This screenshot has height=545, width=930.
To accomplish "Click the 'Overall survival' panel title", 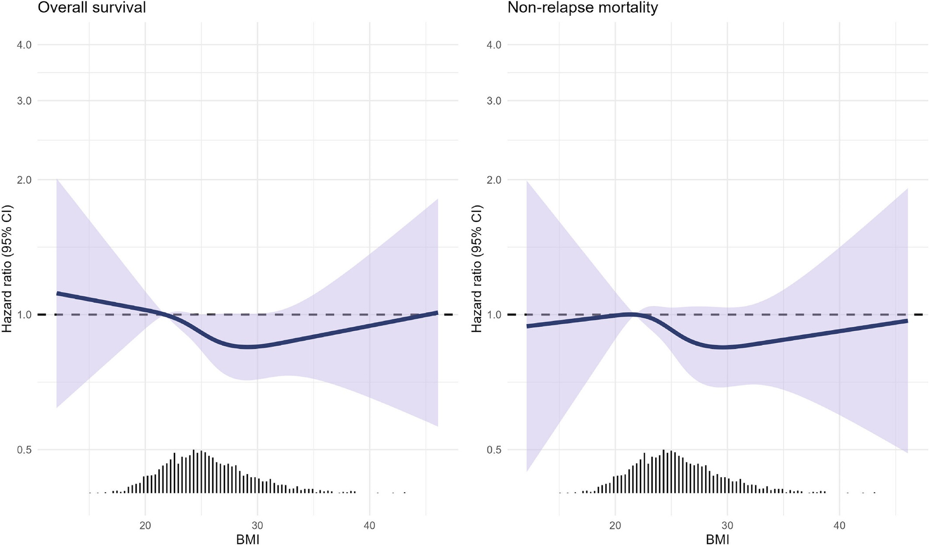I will pyautogui.click(x=92, y=7).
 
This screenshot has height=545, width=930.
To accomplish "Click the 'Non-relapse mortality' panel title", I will pyautogui.click(x=583, y=7).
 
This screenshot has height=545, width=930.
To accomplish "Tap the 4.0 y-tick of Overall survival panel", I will pyautogui.click(x=24, y=45).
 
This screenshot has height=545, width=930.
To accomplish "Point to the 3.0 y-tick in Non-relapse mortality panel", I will pyautogui.click(x=494, y=101).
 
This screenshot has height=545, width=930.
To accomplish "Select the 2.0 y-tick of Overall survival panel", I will pyautogui.click(x=24, y=180).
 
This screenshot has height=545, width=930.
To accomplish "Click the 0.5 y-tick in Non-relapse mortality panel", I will pyautogui.click(x=494, y=450).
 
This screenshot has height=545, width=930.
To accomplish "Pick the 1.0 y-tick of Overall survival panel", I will pyautogui.click(x=24, y=315).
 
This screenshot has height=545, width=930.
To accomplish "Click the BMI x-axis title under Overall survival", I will pyautogui.click(x=248, y=539).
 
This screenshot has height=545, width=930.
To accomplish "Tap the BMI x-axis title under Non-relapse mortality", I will pyautogui.click(x=718, y=539).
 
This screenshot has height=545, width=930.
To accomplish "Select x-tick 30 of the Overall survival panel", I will pyautogui.click(x=257, y=525).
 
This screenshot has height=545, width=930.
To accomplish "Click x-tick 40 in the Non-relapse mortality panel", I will pyautogui.click(x=839, y=525).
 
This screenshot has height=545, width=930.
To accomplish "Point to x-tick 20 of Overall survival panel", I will pyautogui.click(x=145, y=525).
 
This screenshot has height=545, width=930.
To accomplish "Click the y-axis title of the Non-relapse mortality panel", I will pyautogui.click(x=476, y=269).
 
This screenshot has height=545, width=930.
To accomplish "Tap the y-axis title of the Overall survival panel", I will pyautogui.click(x=7, y=269).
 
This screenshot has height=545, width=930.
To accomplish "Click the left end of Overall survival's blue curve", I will pyautogui.click(x=57, y=293).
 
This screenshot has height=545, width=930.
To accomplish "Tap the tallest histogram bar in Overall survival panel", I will pyautogui.click(x=194, y=471).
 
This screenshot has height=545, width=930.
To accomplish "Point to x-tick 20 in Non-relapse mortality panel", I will pyautogui.click(x=615, y=525).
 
